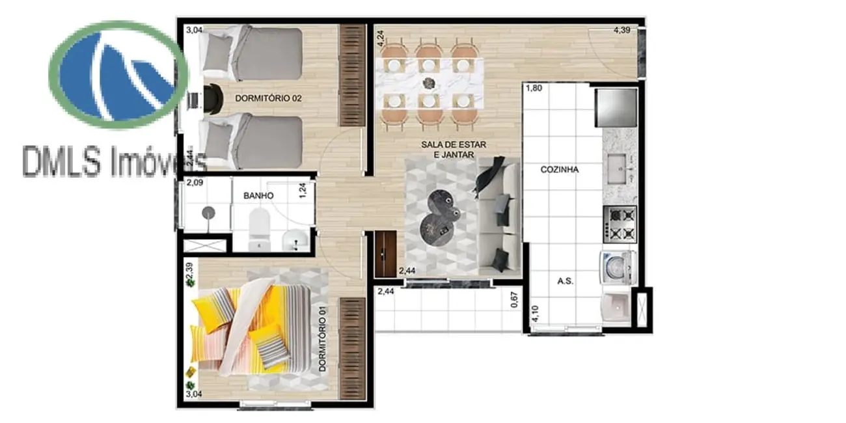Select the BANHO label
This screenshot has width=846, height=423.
pos(258,195)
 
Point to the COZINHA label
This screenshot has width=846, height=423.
pos(559,170)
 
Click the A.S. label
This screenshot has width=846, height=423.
pos(564,281)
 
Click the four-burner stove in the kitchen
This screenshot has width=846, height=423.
pos(620,223)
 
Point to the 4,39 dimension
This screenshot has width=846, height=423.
pos(623,30)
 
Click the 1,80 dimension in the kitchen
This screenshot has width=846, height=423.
pos(533,88)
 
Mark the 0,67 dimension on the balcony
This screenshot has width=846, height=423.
pos(514,301)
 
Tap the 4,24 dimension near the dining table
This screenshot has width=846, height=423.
pos(380,36)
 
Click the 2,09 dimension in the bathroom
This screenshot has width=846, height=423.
pos(195,183)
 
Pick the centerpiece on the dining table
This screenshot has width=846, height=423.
pos(428,83)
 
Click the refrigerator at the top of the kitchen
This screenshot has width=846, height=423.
pos(616,107)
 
